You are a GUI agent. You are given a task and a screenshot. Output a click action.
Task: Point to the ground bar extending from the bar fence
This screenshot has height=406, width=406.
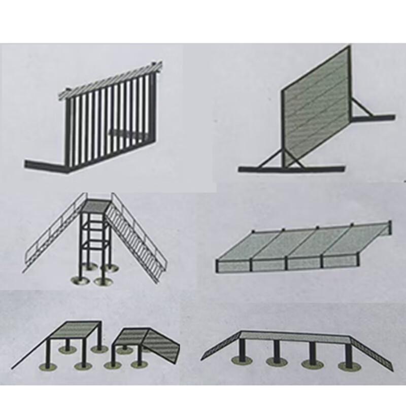46,165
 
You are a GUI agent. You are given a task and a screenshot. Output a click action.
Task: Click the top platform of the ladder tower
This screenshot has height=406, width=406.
96,206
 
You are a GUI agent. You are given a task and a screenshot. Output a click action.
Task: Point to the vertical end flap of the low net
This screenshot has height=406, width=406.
387,230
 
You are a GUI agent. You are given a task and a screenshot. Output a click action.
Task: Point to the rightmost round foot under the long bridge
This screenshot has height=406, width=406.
347,365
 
